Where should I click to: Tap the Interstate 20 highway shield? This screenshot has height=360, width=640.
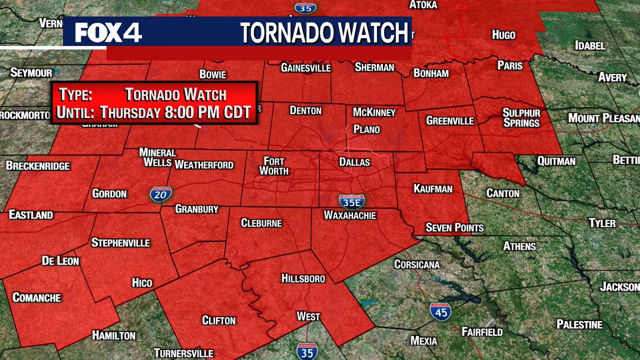tap(157, 194)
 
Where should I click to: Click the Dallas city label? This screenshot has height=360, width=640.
tap(354, 162)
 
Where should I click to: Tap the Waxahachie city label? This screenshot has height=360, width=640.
tap(350, 215)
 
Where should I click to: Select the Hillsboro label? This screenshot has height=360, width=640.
tap(303, 278)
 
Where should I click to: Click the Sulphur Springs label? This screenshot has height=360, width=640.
tap(522, 118)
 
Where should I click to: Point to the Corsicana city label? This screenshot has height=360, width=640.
tap(417, 264)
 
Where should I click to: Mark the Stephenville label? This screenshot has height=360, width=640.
tap(121, 243)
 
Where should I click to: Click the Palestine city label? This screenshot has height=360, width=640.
tap(579, 324)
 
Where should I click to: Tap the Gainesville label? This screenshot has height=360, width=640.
tap(306, 68)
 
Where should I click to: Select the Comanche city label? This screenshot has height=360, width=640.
tap(36, 297)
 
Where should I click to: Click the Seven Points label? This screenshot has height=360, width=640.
tap(454, 228)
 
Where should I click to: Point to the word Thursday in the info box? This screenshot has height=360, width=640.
tap(131, 113)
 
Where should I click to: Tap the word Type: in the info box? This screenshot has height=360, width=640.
tap(76, 95)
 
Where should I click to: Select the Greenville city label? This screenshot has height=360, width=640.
tap(450, 121)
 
